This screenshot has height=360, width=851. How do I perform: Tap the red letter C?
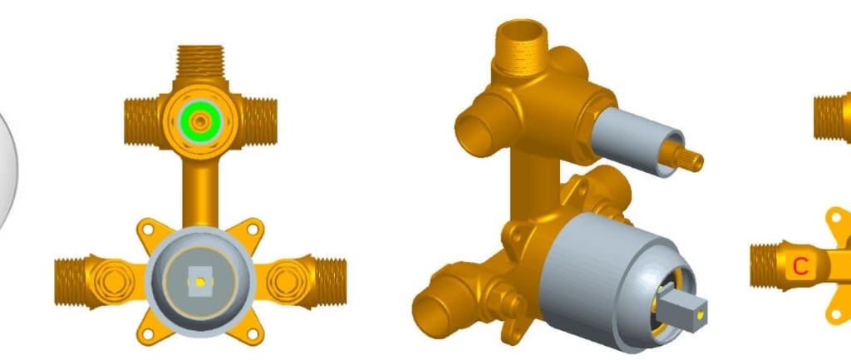[800, 266]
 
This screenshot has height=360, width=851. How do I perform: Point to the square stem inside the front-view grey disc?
[199, 279]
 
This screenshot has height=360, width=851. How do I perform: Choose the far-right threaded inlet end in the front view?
[331, 279]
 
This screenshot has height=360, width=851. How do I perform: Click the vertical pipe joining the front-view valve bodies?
[199, 187]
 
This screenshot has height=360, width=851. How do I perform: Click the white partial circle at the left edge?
[7, 166]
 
